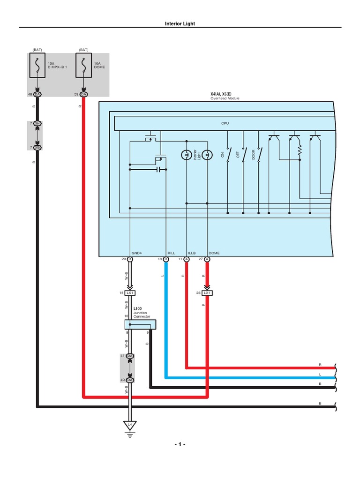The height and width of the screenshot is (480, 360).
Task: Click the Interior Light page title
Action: coord(180,23)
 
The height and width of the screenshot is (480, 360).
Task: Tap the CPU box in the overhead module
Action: coord(225,123)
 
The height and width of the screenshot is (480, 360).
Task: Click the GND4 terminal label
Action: coord(136,253)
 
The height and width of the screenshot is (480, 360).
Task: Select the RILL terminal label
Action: coord(171,253)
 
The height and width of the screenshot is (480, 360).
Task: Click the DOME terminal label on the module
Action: coord(214,253)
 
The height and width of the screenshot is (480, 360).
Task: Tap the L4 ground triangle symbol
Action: coord(130,425)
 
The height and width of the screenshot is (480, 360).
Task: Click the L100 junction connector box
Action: coord(140,324)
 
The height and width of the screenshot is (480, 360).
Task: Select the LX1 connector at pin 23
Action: coord(207,293)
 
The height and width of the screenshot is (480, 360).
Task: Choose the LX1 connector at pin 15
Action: coord(130,293)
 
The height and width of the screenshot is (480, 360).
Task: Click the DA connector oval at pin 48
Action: coord(37,95)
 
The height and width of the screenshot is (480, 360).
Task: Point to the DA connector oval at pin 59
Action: coord(83,95)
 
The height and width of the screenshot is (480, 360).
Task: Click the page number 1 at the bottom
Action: coord(180,444)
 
